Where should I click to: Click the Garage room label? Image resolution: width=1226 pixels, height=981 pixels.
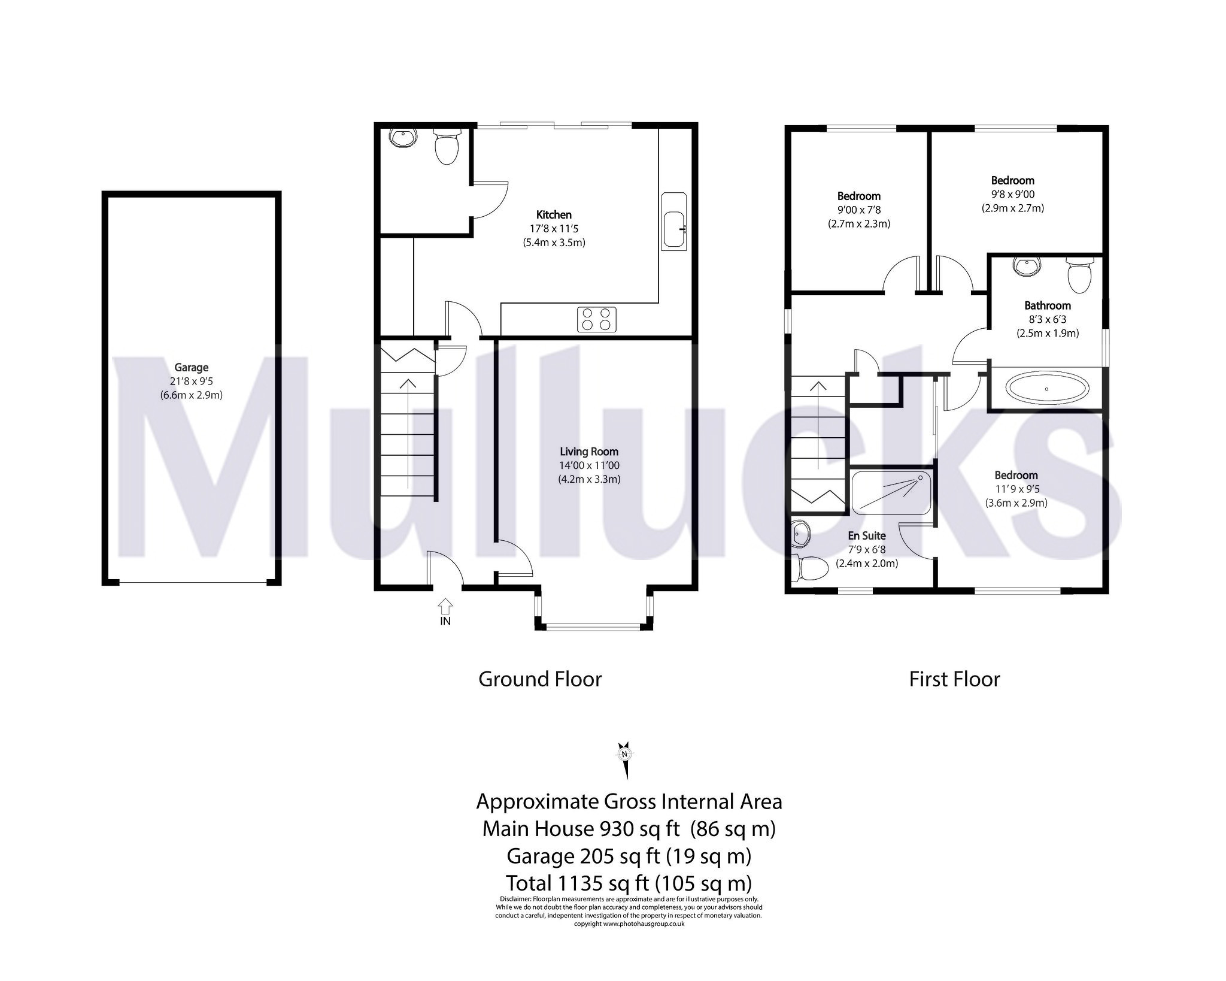point(191,368)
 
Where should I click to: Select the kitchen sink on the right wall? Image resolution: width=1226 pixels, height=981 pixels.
point(675,222)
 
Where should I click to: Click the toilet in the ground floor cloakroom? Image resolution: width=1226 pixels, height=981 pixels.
point(446,147)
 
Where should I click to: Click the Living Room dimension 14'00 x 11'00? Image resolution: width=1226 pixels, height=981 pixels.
point(590,465)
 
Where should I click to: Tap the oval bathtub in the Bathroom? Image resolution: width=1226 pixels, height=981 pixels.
point(1046,389)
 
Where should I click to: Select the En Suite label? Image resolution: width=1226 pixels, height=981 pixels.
point(866,535)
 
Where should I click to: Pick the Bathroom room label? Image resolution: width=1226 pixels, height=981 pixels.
point(1047,305)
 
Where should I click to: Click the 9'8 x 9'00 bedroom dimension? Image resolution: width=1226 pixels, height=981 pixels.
point(1012,194)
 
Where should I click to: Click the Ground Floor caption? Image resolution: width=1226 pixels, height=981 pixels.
point(539,679)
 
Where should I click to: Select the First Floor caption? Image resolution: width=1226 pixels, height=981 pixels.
point(954,679)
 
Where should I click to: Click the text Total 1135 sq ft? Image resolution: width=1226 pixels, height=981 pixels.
point(628,883)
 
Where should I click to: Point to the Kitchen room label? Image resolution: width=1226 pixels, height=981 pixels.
point(553,214)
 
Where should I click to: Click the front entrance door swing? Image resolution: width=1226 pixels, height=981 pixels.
point(446,567)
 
